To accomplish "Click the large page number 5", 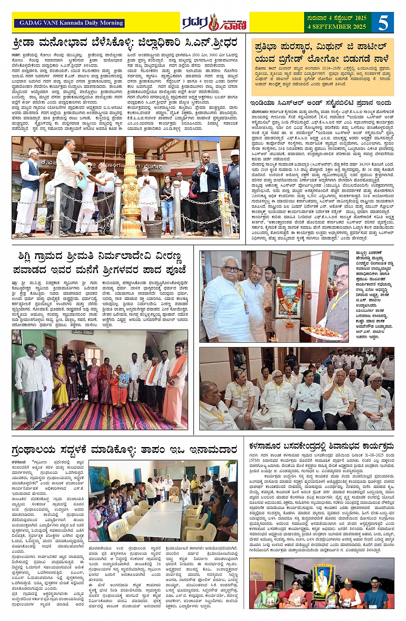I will click(x=384, y=22).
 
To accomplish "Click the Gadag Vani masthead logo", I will click(x=214, y=23).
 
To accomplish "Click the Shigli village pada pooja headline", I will click(x=103, y=264).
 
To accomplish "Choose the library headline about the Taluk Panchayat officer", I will click(x=125, y=450).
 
